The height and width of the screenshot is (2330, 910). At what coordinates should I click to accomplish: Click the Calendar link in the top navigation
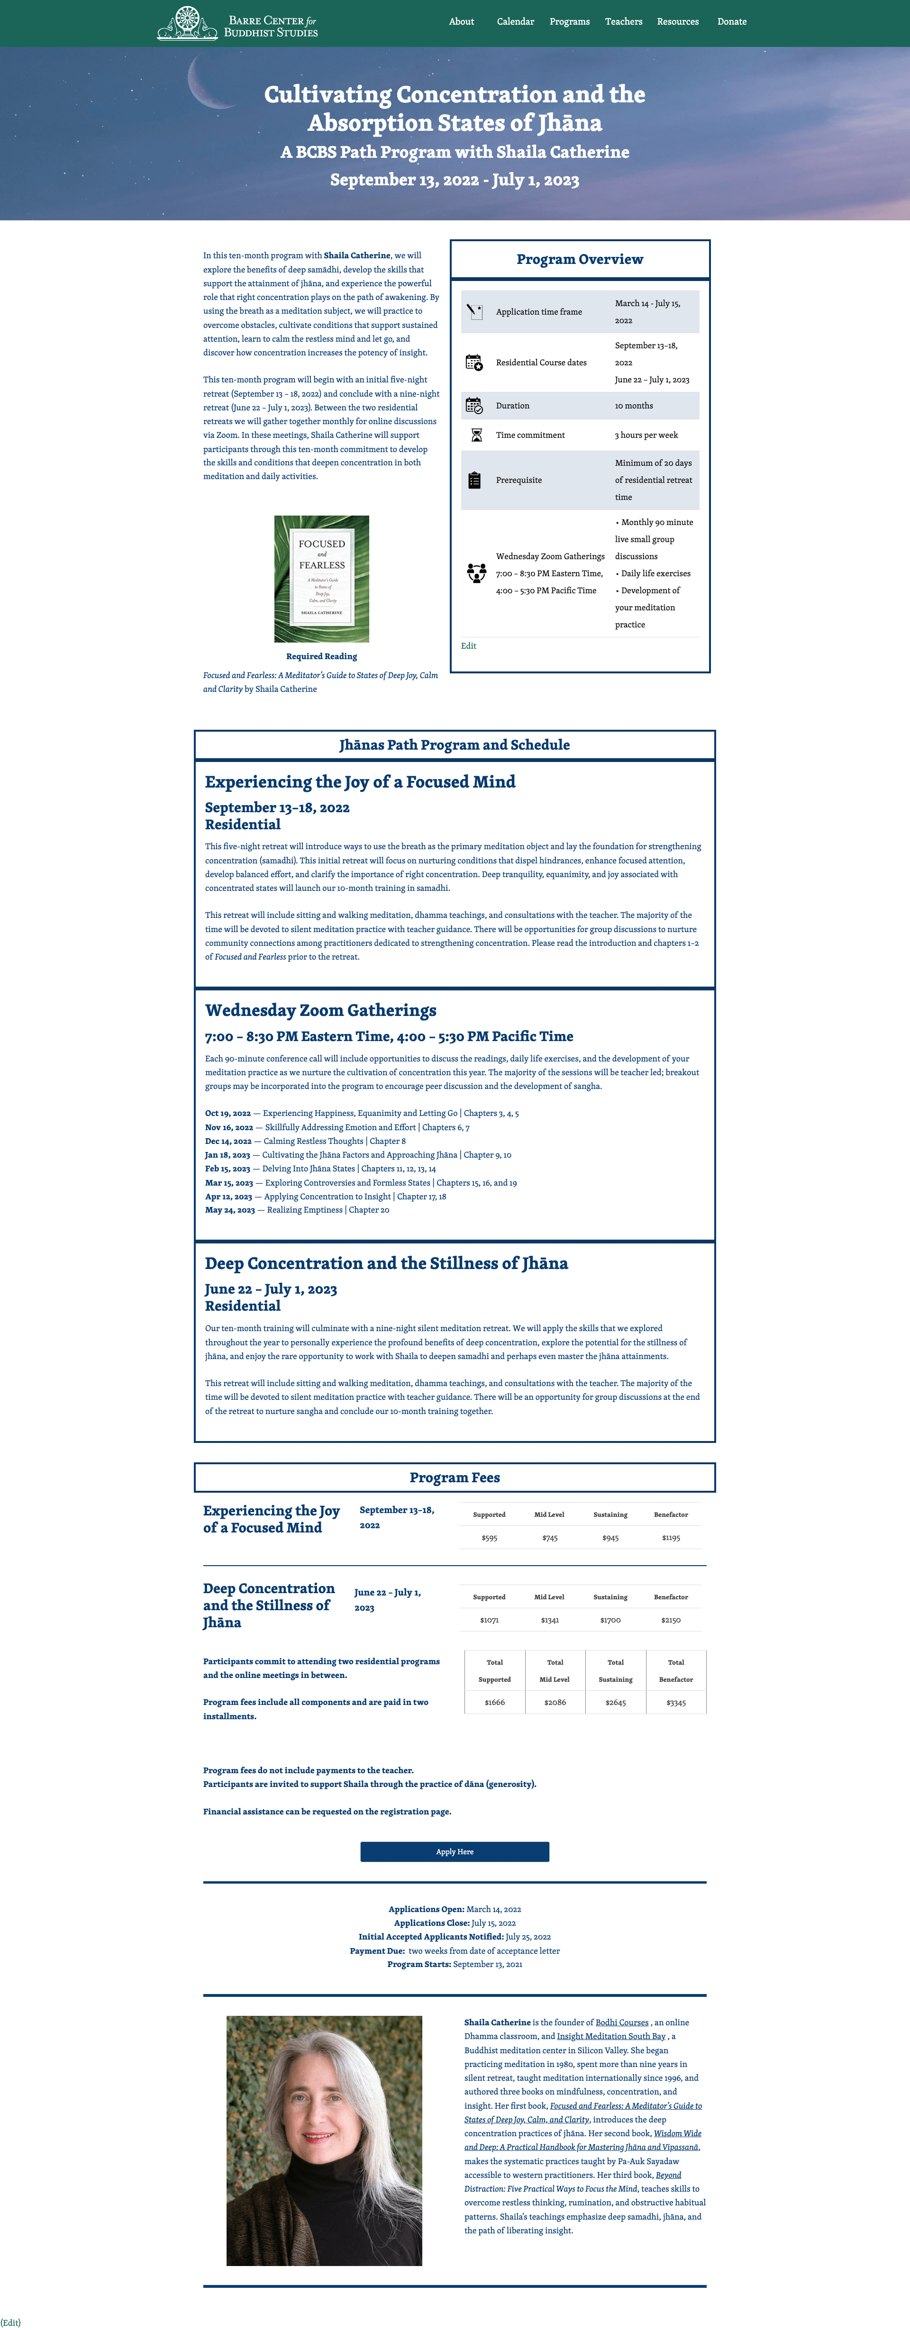(x=515, y=22)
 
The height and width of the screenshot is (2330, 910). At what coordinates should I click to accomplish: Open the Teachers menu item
(x=623, y=22)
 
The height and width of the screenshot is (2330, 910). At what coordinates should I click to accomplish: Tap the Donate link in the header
(x=732, y=22)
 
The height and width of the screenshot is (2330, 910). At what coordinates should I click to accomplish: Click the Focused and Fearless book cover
(x=321, y=579)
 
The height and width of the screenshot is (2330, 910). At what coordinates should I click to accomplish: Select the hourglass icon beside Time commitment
(x=476, y=435)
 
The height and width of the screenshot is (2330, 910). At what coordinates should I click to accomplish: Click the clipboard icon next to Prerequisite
(x=475, y=481)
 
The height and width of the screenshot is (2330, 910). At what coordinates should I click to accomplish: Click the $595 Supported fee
(x=490, y=1538)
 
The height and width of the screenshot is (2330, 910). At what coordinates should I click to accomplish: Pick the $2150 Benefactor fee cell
(x=670, y=1620)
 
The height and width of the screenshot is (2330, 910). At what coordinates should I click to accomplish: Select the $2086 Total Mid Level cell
(x=555, y=1702)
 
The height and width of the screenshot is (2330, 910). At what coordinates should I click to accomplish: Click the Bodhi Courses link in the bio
(x=621, y=2022)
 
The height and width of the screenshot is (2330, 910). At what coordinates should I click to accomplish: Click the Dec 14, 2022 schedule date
(x=228, y=1142)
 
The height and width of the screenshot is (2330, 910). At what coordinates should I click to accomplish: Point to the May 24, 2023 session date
(x=230, y=1210)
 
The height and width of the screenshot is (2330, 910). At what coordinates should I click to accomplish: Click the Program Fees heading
(x=454, y=1478)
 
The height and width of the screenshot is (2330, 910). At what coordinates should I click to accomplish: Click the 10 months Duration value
(x=633, y=406)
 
